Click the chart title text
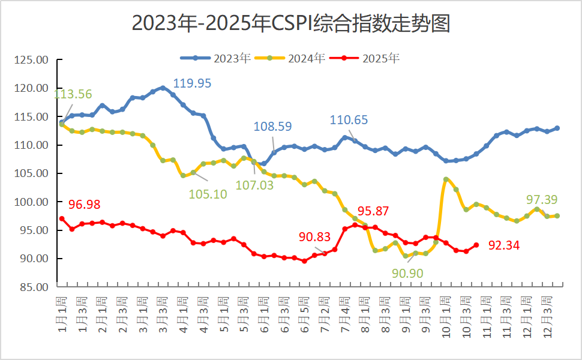pyautogui.click(x=290, y=23)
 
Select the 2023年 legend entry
pyautogui.click(x=216, y=58)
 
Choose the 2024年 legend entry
pyautogui.click(x=290, y=58)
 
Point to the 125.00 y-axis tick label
pyautogui.click(x=32, y=60)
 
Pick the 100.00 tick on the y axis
pyautogui.click(x=32, y=202)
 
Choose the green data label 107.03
pyautogui.click(x=254, y=185)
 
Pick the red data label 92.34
pyautogui.click(x=503, y=245)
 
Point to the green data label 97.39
pyautogui.click(x=542, y=199)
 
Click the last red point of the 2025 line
pyautogui.click(x=476, y=245)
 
